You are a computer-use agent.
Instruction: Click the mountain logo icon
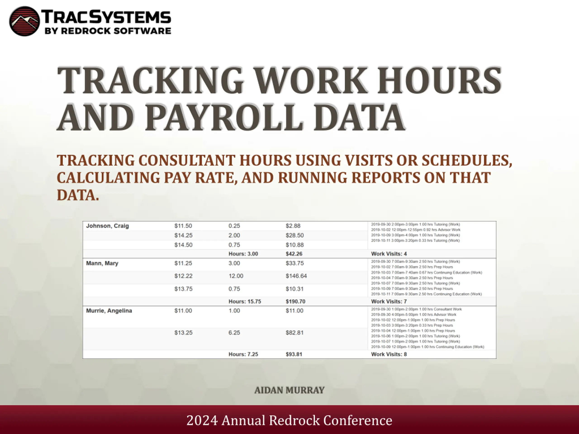[25, 21]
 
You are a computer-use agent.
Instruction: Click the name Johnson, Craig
[107, 226]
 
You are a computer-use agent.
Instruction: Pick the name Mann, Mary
[102, 263]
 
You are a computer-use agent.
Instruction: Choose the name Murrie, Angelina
[109, 311]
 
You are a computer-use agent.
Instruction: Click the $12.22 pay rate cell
[183, 276]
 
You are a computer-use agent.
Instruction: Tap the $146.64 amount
[296, 276]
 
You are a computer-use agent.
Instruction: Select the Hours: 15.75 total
[245, 302]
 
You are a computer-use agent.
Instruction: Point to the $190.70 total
[295, 302]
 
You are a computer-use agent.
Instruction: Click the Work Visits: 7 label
[389, 302]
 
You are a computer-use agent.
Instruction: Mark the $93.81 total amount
[294, 354]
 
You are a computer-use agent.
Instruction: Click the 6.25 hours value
[234, 333]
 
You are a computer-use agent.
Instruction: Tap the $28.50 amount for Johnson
[294, 236]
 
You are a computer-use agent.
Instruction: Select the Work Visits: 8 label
[389, 354]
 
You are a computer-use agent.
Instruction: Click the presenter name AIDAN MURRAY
[289, 390]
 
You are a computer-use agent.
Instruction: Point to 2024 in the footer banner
[202, 421]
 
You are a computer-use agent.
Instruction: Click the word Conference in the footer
[358, 421]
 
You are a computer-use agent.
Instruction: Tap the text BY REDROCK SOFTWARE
[108, 31]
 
